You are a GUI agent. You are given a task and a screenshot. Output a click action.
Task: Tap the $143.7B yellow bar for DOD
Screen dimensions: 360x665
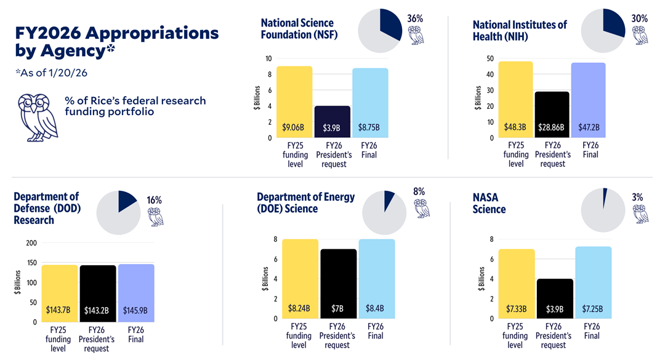(60, 293)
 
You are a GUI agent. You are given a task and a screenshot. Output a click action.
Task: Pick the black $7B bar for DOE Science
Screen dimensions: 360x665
(337, 283)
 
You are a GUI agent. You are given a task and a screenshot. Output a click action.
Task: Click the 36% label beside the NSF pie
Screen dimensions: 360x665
(415, 19)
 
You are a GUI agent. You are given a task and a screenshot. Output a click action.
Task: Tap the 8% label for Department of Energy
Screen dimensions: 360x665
(419, 191)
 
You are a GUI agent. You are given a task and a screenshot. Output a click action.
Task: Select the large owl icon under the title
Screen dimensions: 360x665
(37, 118)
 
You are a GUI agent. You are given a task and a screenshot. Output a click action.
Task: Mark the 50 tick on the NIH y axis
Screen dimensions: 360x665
(490, 58)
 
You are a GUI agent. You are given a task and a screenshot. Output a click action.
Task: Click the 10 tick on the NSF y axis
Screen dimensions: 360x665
(268, 58)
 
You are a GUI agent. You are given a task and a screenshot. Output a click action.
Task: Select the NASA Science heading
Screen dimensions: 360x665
(489, 203)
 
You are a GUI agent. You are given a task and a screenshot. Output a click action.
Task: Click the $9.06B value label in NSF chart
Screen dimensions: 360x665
(293, 129)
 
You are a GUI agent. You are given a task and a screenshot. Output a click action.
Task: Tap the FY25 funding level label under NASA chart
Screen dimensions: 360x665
(515, 336)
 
